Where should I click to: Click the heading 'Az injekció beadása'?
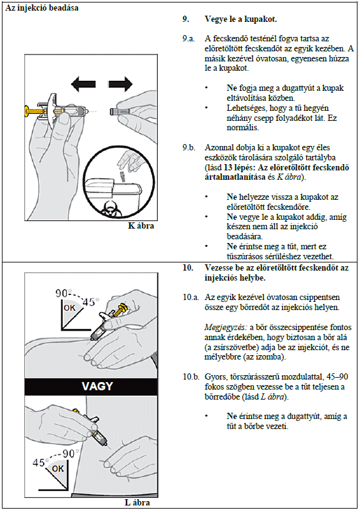coord(42,8)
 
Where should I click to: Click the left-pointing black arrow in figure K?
coord(83,84)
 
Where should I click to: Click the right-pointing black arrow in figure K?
coord(121,84)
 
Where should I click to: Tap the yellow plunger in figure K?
coord(34,111)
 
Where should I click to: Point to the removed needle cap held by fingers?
coord(120,111)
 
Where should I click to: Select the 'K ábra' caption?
coord(141,225)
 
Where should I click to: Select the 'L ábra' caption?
coord(137,502)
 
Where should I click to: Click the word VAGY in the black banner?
coord(97,386)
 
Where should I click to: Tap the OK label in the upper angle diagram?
coord(69,308)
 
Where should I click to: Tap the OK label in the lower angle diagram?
coord(58,469)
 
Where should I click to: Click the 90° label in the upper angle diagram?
coord(63,293)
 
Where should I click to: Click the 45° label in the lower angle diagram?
coord(39,462)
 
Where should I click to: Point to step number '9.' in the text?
coord(186,19)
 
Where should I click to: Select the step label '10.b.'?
coord(191,377)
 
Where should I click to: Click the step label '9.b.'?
coord(188,148)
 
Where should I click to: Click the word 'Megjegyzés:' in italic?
coord(225,328)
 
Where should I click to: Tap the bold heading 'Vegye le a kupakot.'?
coord(240,19)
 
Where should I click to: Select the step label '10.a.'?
coord(191,298)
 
